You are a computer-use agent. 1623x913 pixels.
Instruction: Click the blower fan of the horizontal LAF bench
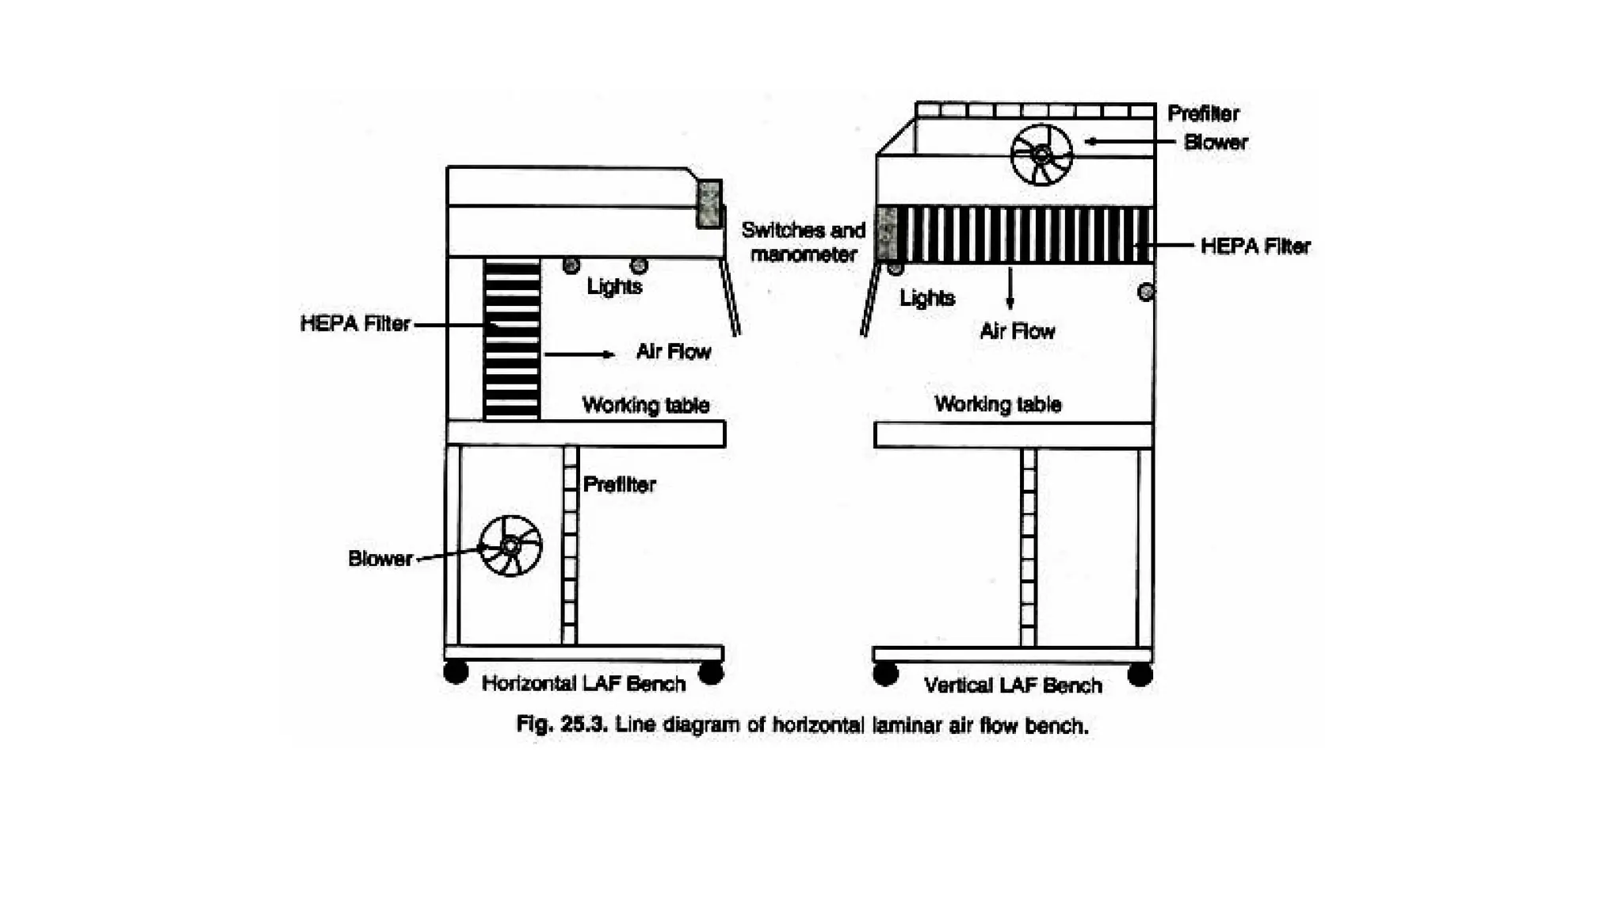510,545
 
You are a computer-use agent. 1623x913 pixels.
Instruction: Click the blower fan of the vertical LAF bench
1041,155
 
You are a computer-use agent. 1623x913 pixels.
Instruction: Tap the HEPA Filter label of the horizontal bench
355,323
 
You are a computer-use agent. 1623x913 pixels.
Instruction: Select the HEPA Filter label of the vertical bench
1255,246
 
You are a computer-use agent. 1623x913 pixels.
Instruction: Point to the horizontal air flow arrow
579,353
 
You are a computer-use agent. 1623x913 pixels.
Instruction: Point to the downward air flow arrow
1010,288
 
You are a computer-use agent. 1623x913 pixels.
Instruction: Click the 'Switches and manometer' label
803,242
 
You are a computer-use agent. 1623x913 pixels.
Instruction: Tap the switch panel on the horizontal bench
709,204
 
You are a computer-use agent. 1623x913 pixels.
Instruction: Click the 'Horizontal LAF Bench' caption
583,683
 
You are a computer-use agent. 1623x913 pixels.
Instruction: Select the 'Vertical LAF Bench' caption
1013,685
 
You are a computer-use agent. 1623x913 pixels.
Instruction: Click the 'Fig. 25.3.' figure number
561,724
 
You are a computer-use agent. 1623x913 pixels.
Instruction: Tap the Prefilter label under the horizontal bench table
619,484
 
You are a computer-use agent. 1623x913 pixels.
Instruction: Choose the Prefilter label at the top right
1203,113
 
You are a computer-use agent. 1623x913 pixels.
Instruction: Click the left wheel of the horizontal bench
456,672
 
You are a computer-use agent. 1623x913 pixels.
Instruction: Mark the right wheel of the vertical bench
1140,674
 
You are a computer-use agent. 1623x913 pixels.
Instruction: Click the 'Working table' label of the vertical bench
998,404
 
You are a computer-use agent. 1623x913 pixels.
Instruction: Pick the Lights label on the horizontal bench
614,286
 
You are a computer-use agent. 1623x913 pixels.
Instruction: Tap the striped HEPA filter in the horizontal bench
512,338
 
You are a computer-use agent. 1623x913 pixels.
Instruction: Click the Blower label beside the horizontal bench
380,559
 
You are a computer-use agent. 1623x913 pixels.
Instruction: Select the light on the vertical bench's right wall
1145,292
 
